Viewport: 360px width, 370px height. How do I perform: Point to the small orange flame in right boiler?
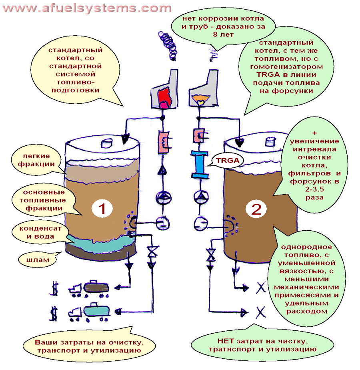click(198, 98)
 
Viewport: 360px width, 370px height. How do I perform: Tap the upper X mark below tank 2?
click(261, 288)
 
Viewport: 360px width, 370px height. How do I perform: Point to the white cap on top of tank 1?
click(108, 142)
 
